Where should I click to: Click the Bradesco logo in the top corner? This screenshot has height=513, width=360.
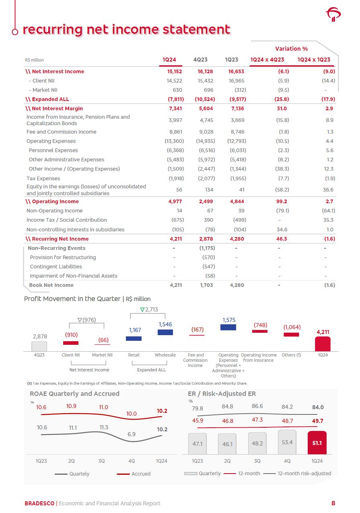333,15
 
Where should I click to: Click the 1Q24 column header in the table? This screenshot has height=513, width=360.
169,60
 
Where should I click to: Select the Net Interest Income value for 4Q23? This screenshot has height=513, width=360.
205,72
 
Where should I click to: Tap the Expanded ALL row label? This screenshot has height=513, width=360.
47,99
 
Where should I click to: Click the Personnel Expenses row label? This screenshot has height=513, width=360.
53,150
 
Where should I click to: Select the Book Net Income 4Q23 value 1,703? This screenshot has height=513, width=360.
206,285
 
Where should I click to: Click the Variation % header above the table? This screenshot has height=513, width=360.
291,49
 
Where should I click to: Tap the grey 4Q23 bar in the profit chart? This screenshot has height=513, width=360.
39,346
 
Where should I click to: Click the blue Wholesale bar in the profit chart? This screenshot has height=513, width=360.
165,332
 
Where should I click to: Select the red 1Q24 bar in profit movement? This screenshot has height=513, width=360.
323,344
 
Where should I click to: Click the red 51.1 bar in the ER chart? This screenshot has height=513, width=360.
317,443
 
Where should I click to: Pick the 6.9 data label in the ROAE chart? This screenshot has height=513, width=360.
132,434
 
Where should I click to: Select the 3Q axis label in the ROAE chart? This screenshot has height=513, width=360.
101,461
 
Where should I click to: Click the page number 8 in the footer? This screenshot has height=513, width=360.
333,503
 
